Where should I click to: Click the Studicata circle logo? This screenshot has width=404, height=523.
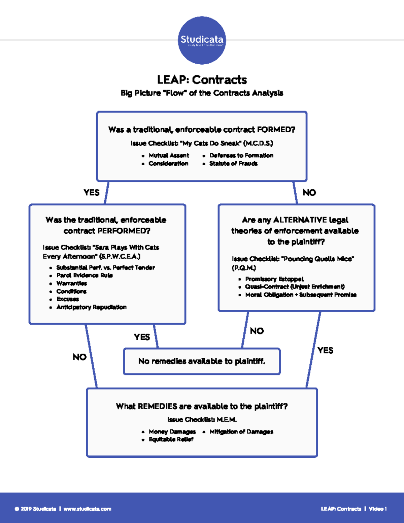pos(202,40)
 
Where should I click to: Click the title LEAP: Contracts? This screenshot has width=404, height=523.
pos(202,80)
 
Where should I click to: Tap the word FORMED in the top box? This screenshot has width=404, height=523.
pos(276,130)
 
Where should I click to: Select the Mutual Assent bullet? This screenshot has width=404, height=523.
pos(169,155)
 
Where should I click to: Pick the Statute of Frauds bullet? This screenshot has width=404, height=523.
pos(233,164)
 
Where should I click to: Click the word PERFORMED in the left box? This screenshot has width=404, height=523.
pos(123,231)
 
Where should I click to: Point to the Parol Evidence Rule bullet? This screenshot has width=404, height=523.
pos(85,275)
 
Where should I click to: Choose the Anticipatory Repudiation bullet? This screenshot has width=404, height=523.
pos(91,307)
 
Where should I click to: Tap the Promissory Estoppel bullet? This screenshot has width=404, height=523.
pos(274,279)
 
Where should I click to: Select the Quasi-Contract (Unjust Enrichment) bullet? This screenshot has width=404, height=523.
pos(295,287)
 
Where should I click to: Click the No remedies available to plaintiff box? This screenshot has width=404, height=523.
pos(202,361)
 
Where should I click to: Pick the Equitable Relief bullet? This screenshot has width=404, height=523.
pos(171,439)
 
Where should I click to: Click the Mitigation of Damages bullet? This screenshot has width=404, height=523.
pos(241,432)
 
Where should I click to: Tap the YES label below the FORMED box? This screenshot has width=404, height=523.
pos(92,193)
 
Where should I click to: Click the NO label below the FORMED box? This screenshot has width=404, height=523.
pos(309,193)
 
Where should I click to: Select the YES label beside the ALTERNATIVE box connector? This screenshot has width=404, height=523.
pos(325,351)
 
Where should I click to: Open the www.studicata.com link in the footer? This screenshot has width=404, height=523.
pos(87,509)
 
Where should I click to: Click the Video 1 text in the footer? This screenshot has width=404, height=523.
pos(378,509)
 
